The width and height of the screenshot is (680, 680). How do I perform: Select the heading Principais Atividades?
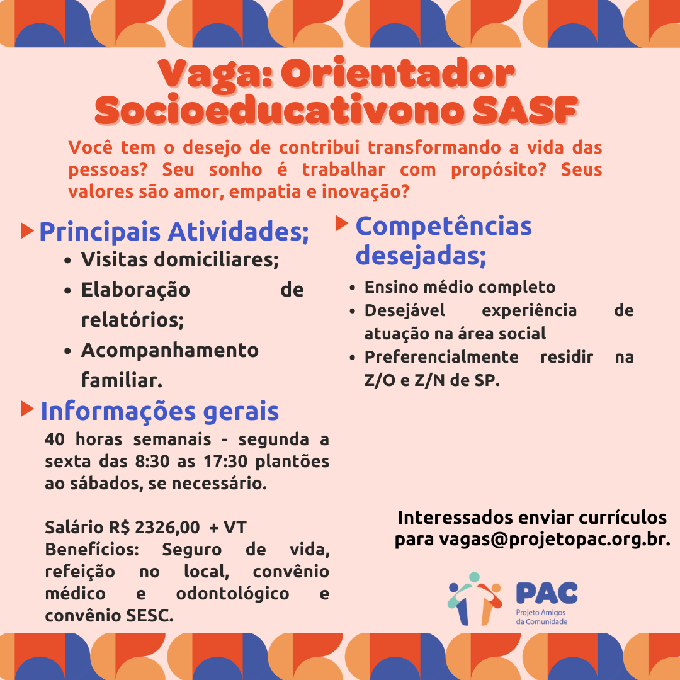click(x=174, y=232)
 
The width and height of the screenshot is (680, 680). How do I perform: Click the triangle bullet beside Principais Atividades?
click(x=27, y=230)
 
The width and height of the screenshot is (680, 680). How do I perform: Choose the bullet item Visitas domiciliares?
click(x=180, y=259)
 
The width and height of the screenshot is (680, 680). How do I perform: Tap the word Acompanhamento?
click(x=170, y=350)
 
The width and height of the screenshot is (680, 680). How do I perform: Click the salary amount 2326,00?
click(x=167, y=527)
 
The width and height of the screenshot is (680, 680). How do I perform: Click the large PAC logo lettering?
click(x=547, y=592)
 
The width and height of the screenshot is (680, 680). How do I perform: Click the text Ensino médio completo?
click(x=460, y=288)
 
